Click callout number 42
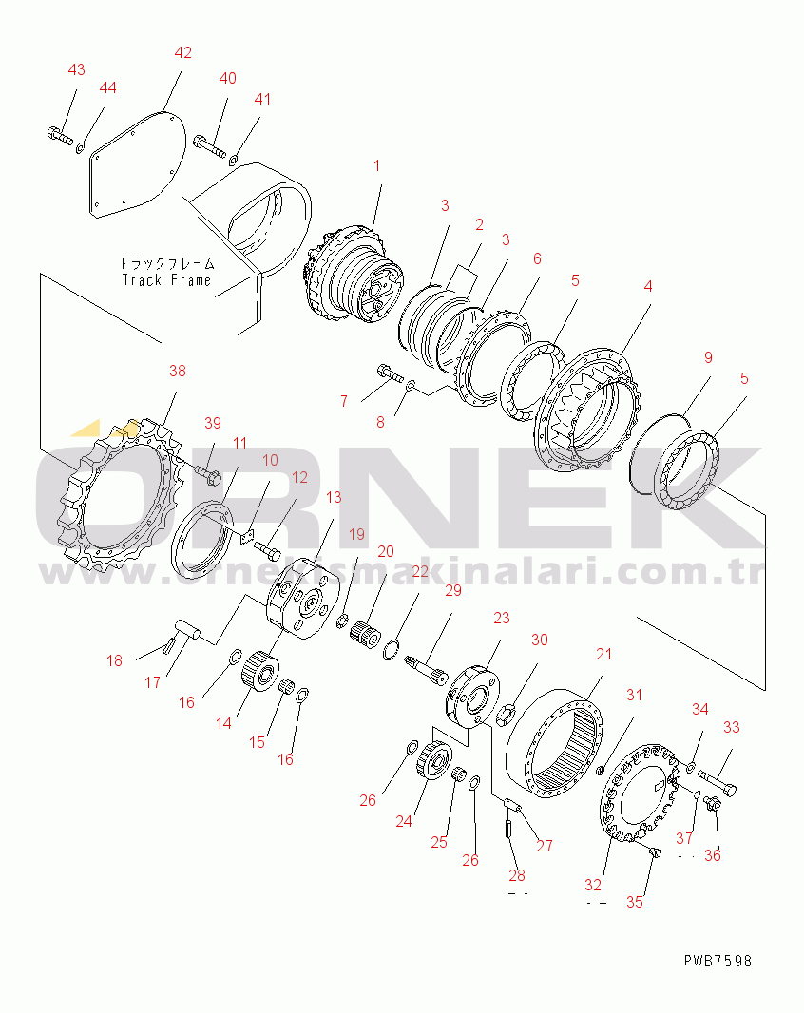182,53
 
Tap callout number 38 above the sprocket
178,372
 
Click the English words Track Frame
167,280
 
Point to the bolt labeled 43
58,136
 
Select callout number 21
604,654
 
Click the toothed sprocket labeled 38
119,499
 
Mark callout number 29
452,591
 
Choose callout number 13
334,497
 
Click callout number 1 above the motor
376,165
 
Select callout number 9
708,358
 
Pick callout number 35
634,902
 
